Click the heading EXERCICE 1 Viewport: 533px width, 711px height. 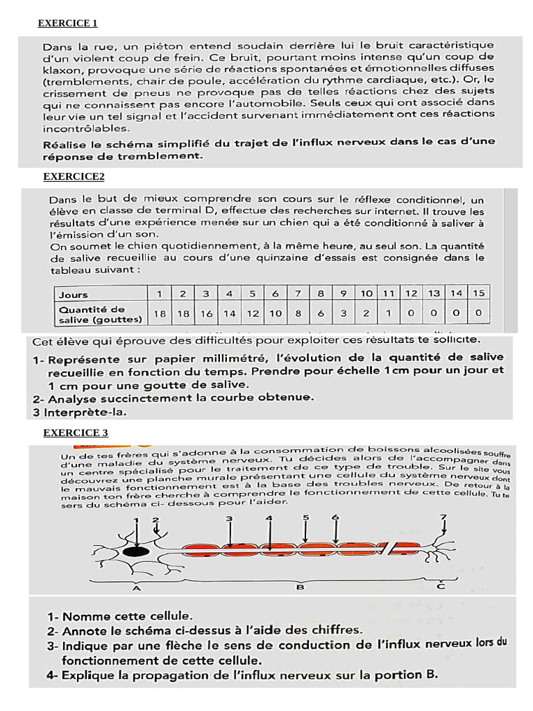(67, 24)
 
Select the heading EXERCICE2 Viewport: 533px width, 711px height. (74, 176)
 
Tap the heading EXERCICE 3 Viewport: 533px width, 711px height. (76, 433)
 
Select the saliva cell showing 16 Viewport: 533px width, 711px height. (206, 314)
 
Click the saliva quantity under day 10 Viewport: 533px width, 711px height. (366, 314)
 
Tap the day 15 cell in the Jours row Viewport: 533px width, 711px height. (477, 294)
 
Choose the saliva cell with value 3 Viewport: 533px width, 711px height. (344, 314)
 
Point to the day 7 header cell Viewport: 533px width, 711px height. (298, 294)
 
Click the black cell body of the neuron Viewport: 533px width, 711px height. (136, 551)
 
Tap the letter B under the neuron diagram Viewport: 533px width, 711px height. (299, 588)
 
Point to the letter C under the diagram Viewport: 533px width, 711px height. (441, 587)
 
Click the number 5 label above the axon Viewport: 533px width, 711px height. (305, 518)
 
